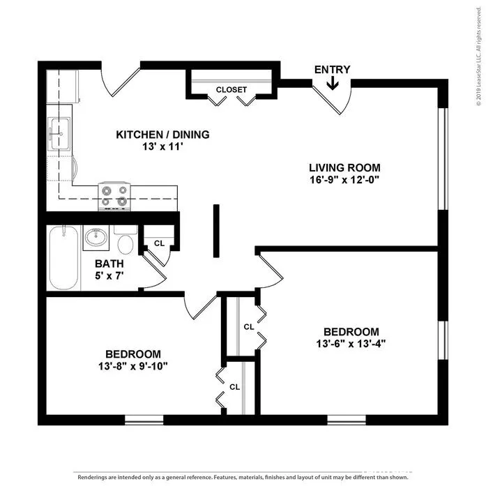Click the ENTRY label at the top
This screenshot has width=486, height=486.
point(332,70)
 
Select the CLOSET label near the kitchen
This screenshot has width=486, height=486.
point(231,90)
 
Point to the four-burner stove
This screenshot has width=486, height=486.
point(114,195)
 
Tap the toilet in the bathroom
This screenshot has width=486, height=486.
point(126,242)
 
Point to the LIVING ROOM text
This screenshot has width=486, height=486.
point(344,167)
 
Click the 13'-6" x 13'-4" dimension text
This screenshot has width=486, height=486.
point(351,343)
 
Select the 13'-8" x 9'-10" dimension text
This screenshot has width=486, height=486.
point(133,365)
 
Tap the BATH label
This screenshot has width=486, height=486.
point(109,264)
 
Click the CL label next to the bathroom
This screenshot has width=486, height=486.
point(158,243)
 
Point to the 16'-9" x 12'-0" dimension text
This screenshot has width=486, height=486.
point(344,179)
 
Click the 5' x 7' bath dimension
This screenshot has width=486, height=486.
point(109,276)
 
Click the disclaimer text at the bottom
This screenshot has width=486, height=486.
point(242,477)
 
